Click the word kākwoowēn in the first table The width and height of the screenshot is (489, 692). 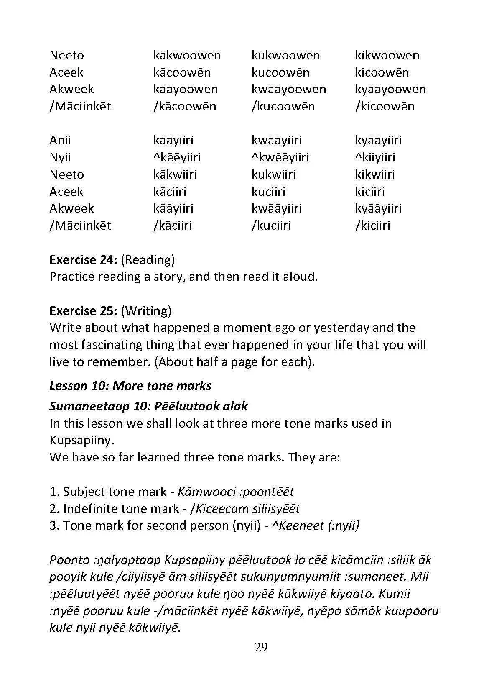187,55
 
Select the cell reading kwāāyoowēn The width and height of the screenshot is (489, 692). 288,89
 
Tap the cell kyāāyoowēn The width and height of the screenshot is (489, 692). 390,89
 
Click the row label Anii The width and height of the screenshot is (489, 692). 60,140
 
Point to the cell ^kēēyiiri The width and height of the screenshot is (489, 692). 177,157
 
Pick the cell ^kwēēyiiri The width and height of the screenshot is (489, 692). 280,157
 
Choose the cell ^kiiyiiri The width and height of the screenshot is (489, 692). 375,157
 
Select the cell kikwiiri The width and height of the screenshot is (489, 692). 375,174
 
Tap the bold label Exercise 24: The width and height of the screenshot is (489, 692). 83,260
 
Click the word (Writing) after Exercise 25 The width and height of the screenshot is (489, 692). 146,311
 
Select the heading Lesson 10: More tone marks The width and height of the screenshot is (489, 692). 130,385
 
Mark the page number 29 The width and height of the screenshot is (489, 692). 261,648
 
